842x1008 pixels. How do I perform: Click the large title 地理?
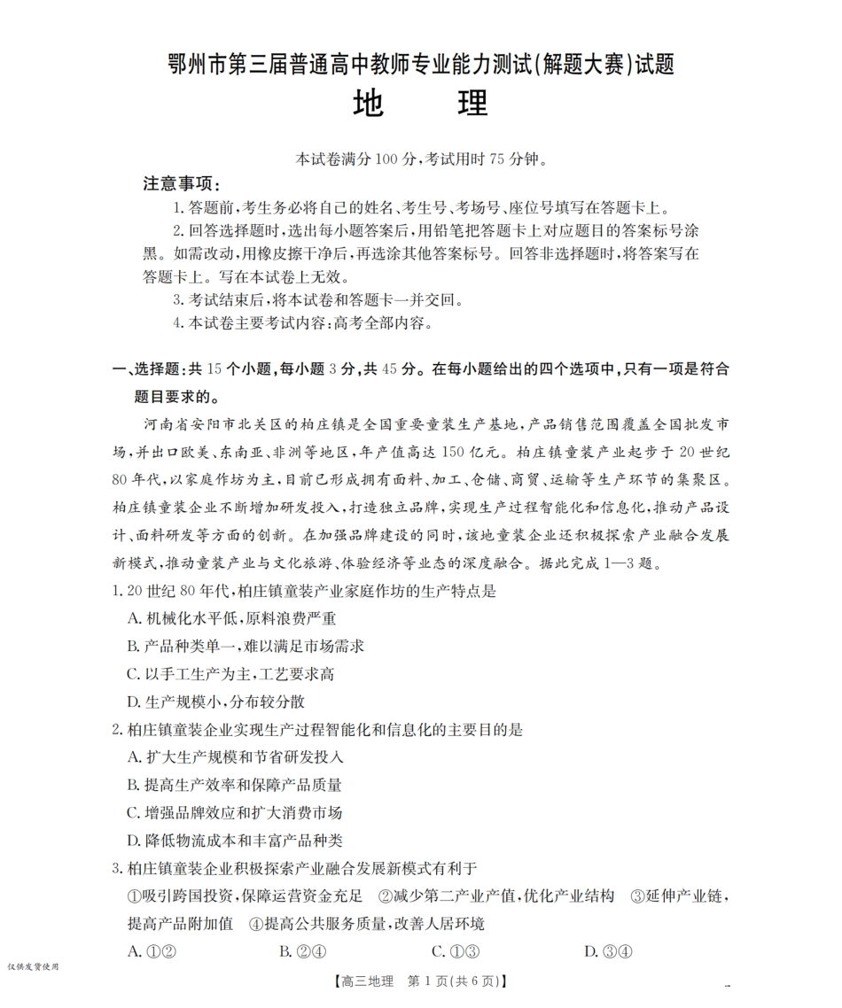coord(420,104)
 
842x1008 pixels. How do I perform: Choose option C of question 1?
coord(230,674)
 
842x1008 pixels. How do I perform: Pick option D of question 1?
coord(216,702)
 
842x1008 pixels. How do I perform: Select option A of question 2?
coord(235,757)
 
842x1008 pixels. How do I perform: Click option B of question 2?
coord(235,785)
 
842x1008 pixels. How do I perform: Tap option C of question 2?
coord(235,812)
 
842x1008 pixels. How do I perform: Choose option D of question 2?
coord(235,840)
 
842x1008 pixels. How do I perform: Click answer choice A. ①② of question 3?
coord(148,951)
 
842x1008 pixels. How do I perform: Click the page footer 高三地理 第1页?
coord(420,981)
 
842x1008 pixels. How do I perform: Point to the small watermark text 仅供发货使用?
coord(32,966)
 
